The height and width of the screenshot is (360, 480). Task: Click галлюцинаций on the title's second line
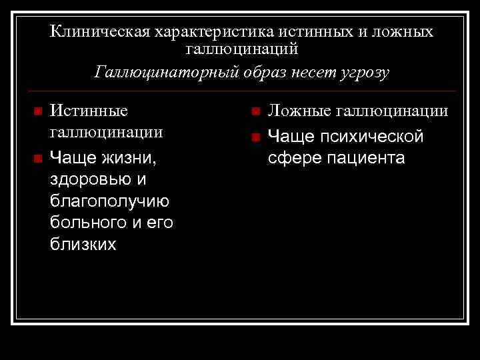(x=241, y=49)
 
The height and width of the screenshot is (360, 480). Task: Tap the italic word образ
(x=253, y=71)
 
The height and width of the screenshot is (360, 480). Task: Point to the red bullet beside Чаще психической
(x=254, y=137)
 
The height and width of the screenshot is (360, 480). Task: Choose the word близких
(x=83, y=245)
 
